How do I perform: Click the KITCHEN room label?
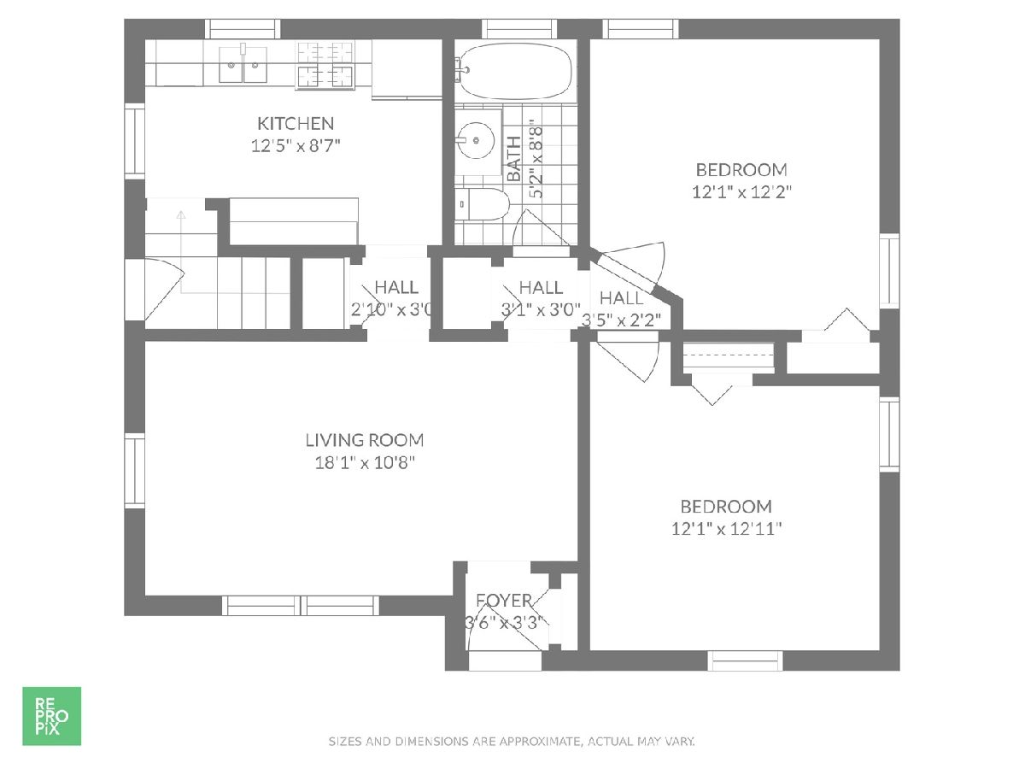click(x=296, y=124)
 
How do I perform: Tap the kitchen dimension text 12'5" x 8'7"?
click(x=296, y=146)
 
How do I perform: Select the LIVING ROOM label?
click(x=365, y=440)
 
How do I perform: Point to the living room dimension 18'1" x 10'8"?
click(x=365, y=463)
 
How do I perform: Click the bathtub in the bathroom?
click(x=516, y=71)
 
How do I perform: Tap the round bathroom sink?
click(x=476, y=140)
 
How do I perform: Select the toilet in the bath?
click(x=482, y=204)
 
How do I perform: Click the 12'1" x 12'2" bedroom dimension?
click(x=741, y=192)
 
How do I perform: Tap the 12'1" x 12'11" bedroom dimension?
click(x=726, y=529)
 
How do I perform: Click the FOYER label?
click(x=504, y=600)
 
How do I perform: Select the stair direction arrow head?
click(x=181, y=214)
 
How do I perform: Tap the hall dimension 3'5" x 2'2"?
click(x=622, y=320)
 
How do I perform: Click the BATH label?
click(x=513, y=159)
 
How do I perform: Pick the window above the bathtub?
click(x=519, y=29)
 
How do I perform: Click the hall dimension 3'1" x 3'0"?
click(x=541, y=309)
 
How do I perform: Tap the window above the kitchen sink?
click(x=243, y=29)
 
